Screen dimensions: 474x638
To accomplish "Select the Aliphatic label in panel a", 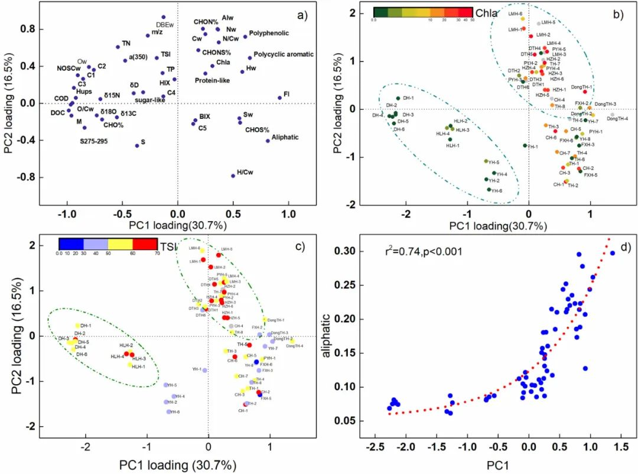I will point(282,138).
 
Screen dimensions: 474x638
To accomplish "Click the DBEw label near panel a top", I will point(164,25).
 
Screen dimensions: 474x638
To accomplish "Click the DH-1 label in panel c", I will point(86,326).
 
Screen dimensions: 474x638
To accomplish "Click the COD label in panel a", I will point(61,98).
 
